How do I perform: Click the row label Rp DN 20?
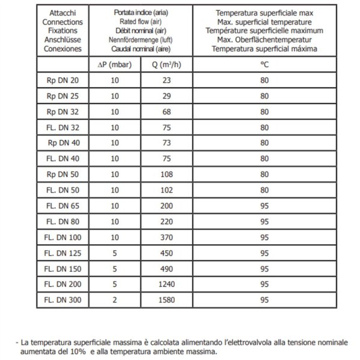(x=62, y=80)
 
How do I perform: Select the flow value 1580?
(x=166, y=298)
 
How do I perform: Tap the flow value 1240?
(x=166, y=283)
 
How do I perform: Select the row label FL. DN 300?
(x=62, y=298)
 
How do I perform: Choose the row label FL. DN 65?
(x=62, y=205)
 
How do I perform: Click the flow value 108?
(x=166, y=173)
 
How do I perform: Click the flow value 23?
(x=166, y=80)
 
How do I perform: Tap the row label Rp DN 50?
(x=62, y=173)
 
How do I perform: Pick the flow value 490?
(x=166, y=267)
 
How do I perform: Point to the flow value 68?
(x=166, y=111)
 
